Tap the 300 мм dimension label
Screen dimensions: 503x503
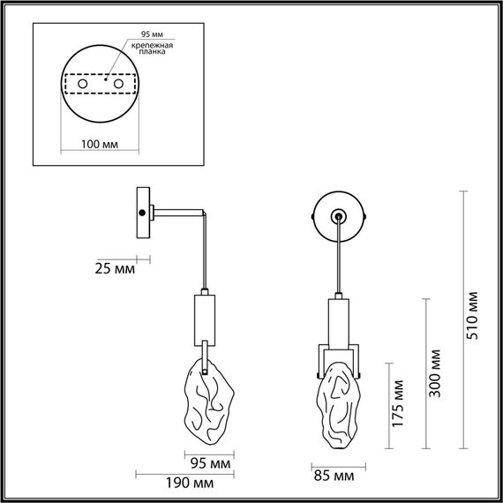pyautogui.click(x=434, y=375)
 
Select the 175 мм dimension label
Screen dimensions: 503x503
pyautogui.click(x=400, y=405)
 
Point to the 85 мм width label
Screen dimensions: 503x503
pyautogui.click(x=333, y=477)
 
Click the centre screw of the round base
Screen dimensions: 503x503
pyautogui.click(x=338, y=214)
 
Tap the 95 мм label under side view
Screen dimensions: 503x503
pyautogui.click(x=210, y=462)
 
